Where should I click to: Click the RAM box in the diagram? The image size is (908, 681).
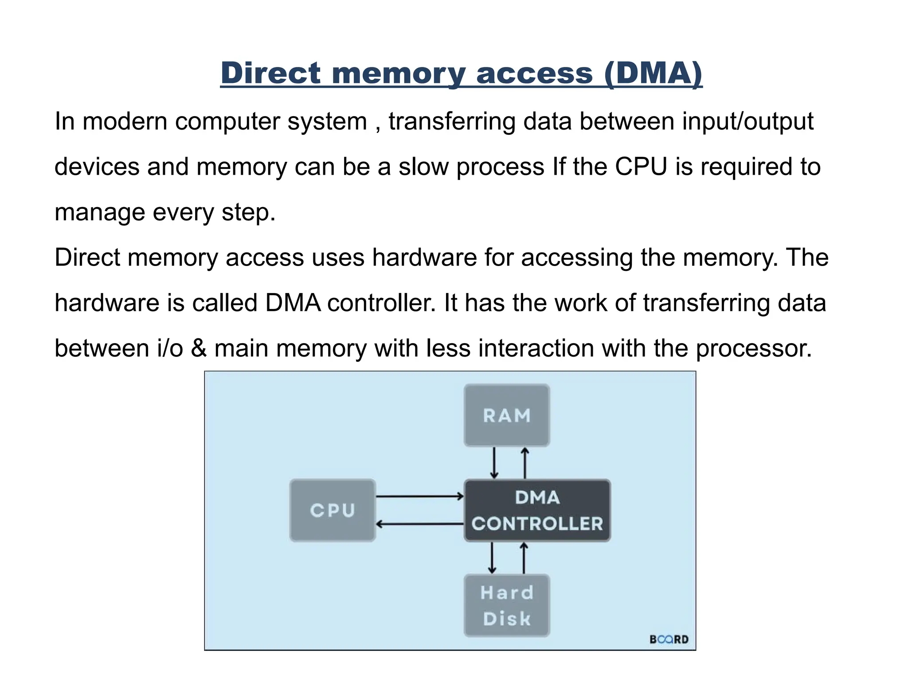click(x=507, y=415)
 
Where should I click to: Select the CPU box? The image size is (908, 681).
click(x=333, y=510)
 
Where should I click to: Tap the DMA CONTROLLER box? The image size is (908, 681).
click(x=537, y=510)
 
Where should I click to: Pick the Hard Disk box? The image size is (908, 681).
click(x=507, y=606)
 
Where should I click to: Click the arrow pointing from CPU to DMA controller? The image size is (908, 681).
click(x=419, y=497)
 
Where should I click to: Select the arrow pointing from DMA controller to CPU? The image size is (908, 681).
click(x=419, y=524)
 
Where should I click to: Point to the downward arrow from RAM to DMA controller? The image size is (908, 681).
click(x=494, y=463)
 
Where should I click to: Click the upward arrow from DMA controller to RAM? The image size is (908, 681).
click(x=525, y=463)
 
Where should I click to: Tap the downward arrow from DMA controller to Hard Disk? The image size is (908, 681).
click(x=492, y=558)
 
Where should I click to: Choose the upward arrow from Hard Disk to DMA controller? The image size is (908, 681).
click(x=524, y=558)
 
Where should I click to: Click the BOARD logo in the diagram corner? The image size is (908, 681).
click(x=669, y=639)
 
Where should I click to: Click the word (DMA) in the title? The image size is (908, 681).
click(x=653, y=73)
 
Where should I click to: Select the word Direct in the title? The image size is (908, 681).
click(x=270, y=73)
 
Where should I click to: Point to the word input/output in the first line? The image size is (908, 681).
click(x=748, y=121)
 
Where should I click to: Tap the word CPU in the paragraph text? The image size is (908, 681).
click(x=641, y=167)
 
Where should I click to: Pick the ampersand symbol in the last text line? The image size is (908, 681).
click(x=199, y=348)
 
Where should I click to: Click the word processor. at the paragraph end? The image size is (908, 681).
click(x=754, y=348)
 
